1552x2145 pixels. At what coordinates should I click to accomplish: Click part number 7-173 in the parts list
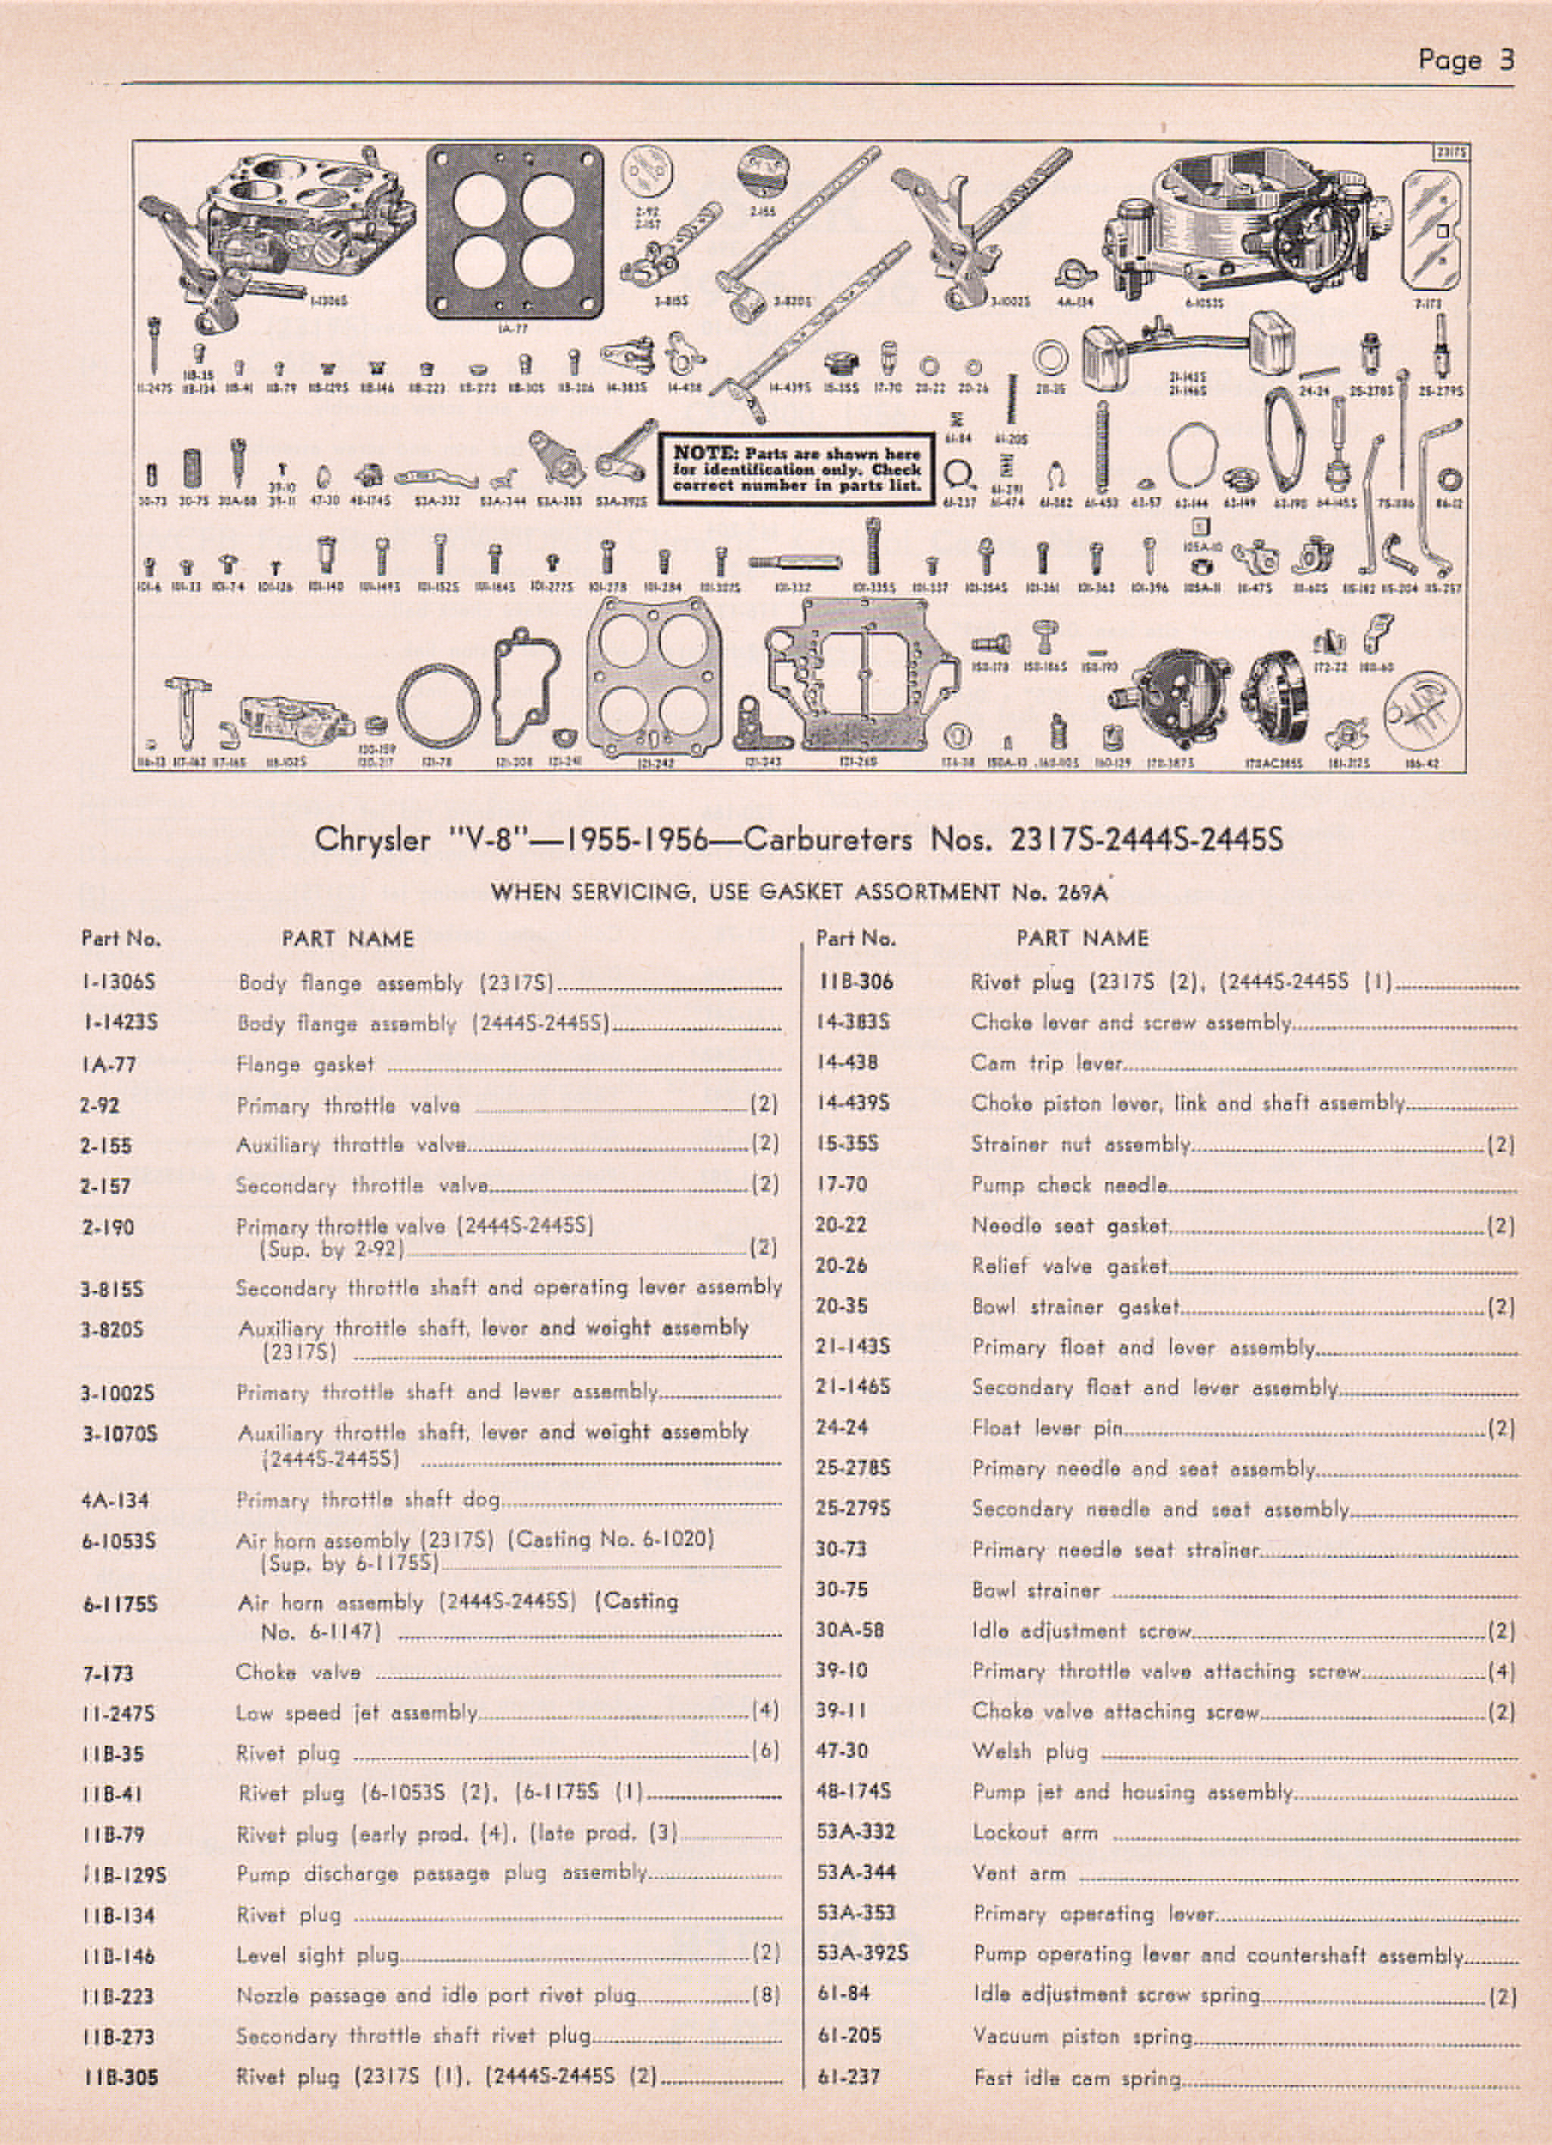106,1673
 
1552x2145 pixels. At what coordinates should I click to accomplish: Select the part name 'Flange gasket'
305,1065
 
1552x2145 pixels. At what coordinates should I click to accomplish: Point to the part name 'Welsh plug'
1030,1752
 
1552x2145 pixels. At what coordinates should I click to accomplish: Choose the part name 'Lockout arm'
1034,1832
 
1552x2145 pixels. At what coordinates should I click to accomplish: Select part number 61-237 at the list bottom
847,2077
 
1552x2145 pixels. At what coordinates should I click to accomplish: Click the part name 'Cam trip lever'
1046,1063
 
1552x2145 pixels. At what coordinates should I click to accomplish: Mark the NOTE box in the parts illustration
796,469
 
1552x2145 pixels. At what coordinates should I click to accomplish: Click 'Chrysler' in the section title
371,840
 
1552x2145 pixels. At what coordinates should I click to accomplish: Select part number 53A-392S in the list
862,1954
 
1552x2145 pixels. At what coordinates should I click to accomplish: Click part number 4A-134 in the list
114,1501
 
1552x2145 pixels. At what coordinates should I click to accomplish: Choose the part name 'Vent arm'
1018,1873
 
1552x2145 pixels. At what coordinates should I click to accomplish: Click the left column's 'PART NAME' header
347,939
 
